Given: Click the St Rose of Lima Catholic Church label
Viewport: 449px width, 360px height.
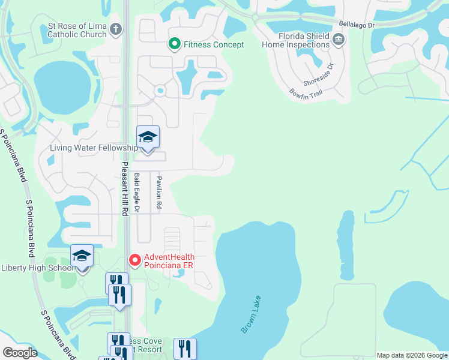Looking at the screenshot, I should (x=77, y=30).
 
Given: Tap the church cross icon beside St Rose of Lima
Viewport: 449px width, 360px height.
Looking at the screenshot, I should (x=116, y=29).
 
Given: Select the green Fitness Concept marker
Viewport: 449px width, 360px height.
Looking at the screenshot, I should (x=174, y=44).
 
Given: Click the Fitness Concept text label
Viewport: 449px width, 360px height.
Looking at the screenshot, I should (x=214, y=44).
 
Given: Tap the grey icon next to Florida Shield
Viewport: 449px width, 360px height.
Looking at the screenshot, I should (x=339, y=40).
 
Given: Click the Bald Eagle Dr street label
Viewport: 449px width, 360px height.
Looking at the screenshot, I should (x=137, y=192).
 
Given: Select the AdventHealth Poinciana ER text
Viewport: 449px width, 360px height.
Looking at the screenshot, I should (x=169, y=262).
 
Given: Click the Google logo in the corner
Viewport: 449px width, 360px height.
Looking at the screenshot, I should (x=20, y=353).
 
